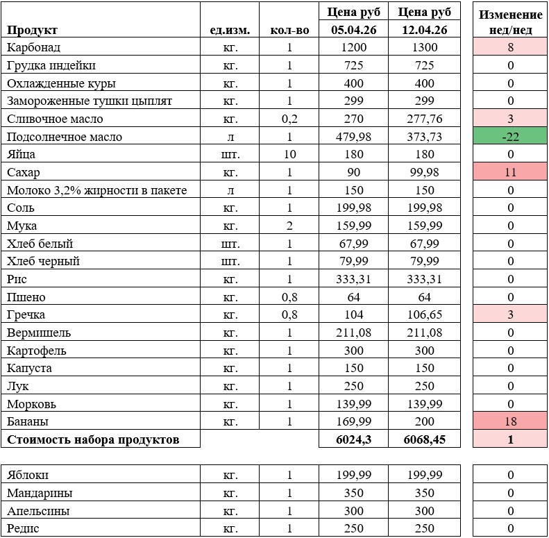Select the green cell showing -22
pos(510,137)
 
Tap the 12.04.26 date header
pos(425,30)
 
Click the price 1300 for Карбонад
pos(425,48)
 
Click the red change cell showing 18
pos(510,421)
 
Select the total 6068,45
pos(425,439)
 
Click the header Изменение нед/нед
pos(510,22)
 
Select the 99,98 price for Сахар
pos(425,173)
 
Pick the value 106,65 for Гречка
pos(425,314)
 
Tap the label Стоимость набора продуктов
pos(93,439)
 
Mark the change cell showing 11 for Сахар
pos(510,173)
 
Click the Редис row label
pos(24,529)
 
